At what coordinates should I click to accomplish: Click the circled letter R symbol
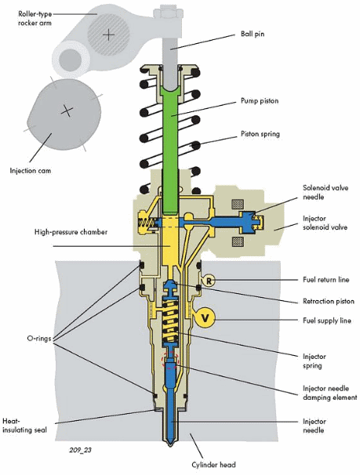click(x=209, y=281)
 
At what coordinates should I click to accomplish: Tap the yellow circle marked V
click(x=205, y=318)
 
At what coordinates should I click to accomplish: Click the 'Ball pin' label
click(x=253, y=34)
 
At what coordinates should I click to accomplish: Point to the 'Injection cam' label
click(x=31, y=171)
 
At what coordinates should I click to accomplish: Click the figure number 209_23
click(x=80, y=450)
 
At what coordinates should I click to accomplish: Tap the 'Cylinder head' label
click(x=213, y=464)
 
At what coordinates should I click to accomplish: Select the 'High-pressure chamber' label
click(x=71, y=232)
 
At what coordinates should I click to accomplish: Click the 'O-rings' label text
click(x=39, y=339)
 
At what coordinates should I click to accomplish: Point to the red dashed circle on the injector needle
click(x=171, y=360)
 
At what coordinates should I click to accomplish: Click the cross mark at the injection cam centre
click(x=67, y=111)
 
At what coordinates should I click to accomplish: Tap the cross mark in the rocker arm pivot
click(x=108, y=35)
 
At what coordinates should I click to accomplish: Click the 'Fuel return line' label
click(x=326, y=279)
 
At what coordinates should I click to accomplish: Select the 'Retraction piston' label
click(x=329, y=301)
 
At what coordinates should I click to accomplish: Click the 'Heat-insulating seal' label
click(x=24, y=426)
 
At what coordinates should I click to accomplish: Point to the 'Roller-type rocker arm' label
click(x=35, y=18)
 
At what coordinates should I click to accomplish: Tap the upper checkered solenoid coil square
click(x=238, y=204)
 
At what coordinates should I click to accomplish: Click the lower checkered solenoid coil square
click(x=238, y=241)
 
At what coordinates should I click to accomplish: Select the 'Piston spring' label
click(x=260, y=133)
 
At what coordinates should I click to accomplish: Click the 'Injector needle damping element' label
click(x=330, y=393)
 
